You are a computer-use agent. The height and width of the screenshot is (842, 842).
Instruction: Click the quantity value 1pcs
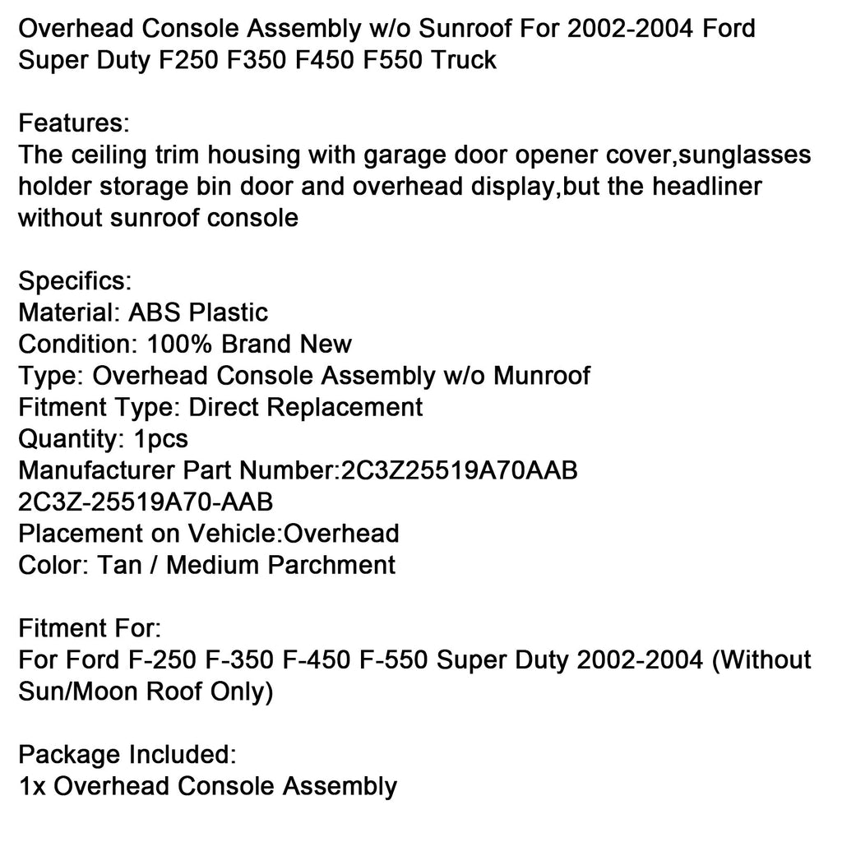(x=160, y=438)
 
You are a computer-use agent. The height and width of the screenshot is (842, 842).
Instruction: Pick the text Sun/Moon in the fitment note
(x=77, y=692)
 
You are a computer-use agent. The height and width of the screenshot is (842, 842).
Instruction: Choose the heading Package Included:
(x=127, y=754)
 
